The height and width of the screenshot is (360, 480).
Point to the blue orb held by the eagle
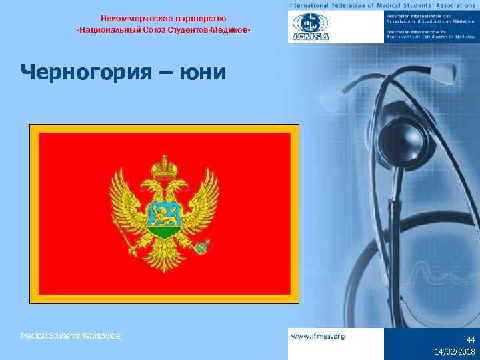pos(201,247)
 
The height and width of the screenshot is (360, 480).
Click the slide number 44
pos(471,339)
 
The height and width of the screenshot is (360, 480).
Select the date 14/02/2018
pos(455,351)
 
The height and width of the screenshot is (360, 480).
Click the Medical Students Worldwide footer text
pos(71,336)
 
